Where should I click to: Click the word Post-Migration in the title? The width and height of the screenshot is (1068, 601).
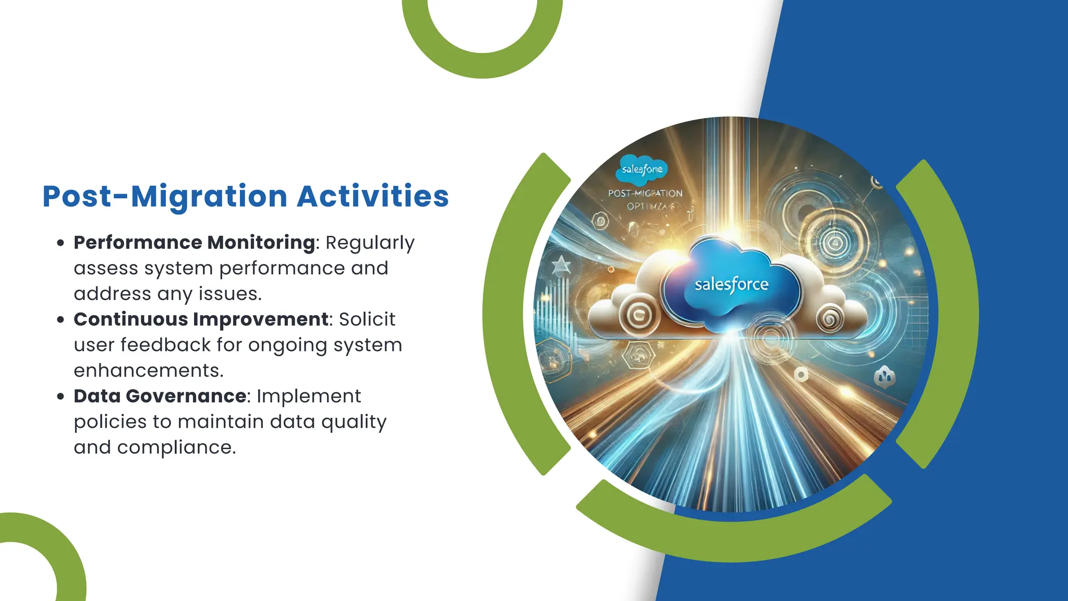165,197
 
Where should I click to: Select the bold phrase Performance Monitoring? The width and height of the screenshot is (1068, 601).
194,243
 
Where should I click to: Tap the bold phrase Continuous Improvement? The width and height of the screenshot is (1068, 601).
201,319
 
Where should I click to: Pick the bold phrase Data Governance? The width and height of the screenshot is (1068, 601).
160,396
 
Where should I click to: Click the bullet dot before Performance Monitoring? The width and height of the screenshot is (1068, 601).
61,243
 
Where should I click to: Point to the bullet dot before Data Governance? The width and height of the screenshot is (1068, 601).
61,396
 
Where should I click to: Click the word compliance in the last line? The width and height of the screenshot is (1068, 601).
176,447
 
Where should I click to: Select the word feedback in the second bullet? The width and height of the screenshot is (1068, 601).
165,345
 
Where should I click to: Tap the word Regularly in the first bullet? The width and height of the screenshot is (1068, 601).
370,243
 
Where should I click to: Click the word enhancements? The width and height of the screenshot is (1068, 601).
149,370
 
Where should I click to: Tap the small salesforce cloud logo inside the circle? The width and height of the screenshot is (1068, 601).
642,170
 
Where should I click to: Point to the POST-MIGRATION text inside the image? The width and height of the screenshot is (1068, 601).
645,193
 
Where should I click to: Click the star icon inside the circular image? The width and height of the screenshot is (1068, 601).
561,267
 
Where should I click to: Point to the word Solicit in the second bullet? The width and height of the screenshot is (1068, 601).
367,319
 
